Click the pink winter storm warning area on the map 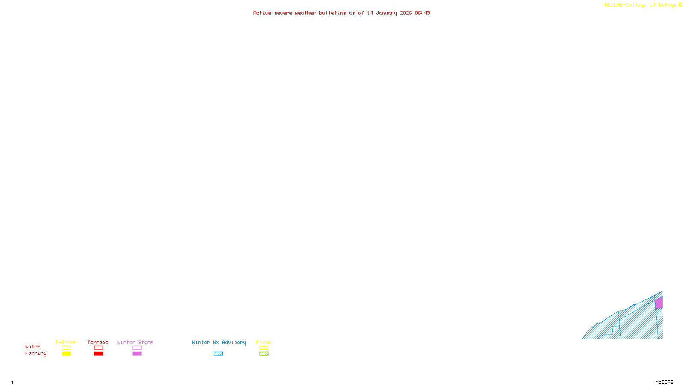[659, 303]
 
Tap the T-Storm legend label [66, 342]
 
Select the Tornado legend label [98, 342]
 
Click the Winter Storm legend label [135, 342]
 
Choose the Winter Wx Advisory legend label [219, 342]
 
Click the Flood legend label [264, 342]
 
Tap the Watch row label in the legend [33, 346]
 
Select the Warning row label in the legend [35, 353]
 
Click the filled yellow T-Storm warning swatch [66, 354]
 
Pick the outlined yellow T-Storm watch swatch [66, 348]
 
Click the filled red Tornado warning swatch [99, 354]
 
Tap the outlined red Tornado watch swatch [99, 348]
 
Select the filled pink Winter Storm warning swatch [137, 354]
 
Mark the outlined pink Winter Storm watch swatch [137, 348]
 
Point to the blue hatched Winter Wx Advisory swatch [218, 354]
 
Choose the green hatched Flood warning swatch [264, 354]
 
